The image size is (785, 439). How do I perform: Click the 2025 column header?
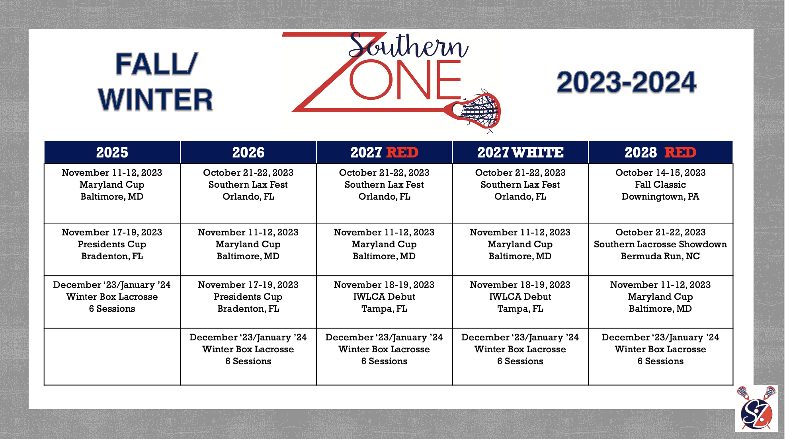click(x=112, y=152)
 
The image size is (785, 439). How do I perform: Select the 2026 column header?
click(x=248, y=152)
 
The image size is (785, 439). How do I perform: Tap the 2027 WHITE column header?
click(x=520, y=152)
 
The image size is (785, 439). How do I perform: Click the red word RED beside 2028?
click(x=680, y=152)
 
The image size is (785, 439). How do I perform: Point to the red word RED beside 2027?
click(x=402, y=152)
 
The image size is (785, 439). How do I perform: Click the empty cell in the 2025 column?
click(x=112, y=357)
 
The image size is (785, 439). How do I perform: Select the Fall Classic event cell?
click(x=660, y=193)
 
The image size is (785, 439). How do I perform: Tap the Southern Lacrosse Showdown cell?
click(x=660, y=249)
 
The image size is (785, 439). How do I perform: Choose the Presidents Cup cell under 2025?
click(x=112, y=249)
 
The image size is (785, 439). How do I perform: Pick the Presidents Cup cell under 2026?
click(x=248, y=302)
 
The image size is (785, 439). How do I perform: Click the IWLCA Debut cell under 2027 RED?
click(x=384, y=302)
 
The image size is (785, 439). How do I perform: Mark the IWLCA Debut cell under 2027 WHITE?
click(x=520, y=302)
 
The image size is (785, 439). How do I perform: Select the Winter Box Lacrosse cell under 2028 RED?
click(x=660, y=357)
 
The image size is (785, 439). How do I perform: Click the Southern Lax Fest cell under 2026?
click(x=248, y=193)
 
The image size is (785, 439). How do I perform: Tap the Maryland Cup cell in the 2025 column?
click(x=112, y=193)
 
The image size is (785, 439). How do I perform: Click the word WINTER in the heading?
click(x=156, y=99)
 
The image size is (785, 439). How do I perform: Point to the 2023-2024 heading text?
click(x=627, y=82)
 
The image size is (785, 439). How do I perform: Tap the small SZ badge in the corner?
click(x=756, y=408)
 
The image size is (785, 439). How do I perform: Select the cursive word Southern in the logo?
click(x=408, y=46)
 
